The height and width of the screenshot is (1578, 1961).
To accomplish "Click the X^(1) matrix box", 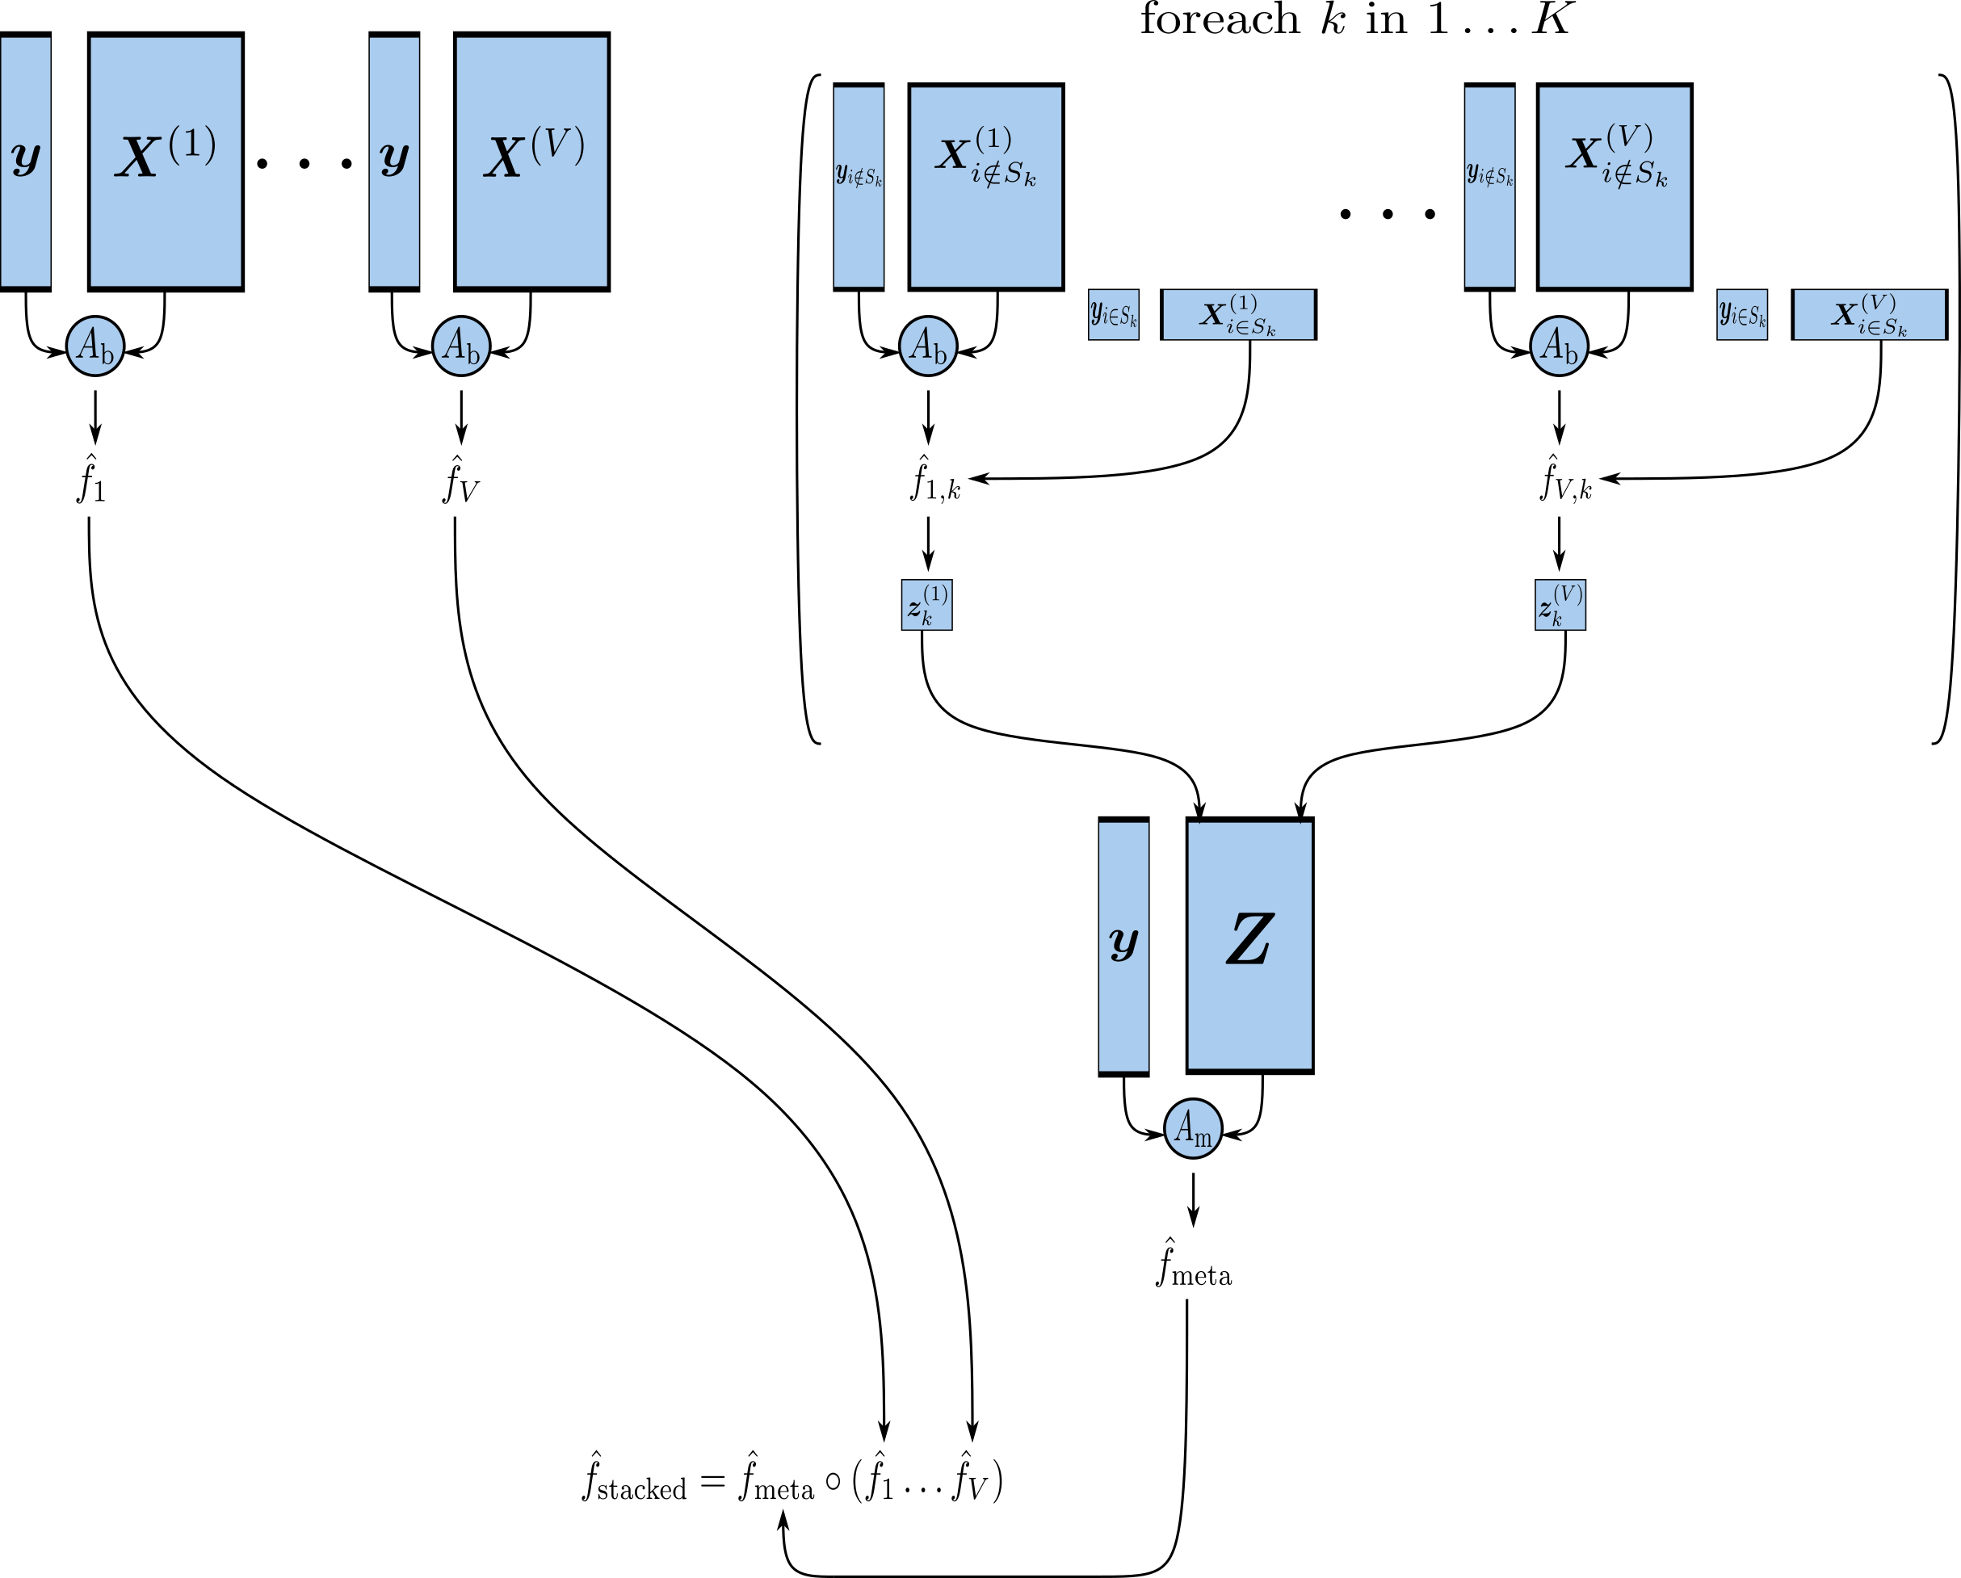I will pos(166,162).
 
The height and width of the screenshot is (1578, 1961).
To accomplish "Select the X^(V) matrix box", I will pos(531,162).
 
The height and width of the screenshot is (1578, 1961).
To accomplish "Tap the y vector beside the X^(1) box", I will pos(26,162).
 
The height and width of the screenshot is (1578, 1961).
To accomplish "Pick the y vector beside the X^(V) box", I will pos(394,162).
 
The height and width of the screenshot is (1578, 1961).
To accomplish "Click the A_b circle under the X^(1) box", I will pos(95,346).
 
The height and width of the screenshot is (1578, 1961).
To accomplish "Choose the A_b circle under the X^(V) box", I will pos(461,346).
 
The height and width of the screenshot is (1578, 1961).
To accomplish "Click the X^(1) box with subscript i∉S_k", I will pos(986,187).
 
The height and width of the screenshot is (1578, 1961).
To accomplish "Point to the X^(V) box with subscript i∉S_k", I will pos(1615,187).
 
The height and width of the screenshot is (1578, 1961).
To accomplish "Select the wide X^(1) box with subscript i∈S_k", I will pos(1238,315).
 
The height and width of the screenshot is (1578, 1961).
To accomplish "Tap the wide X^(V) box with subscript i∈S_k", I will pos(1869,315).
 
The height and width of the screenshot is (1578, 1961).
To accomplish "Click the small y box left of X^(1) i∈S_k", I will pos(1113,315).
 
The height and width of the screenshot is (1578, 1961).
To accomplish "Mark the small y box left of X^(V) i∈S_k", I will pos(1742,315).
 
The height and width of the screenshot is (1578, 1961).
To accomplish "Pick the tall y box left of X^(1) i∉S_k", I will pos(859,187).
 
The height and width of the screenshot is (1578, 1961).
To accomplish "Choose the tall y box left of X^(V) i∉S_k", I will pos(1489,187).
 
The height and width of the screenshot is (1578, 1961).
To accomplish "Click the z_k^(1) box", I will pos(927,605).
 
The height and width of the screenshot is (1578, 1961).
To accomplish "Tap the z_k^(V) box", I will pos(1560,605).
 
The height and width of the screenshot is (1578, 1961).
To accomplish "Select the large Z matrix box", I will pos(1249,946).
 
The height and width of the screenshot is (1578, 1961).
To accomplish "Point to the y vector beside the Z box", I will pos(1123,946).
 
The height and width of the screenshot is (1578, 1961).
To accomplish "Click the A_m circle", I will pos(1192,1129).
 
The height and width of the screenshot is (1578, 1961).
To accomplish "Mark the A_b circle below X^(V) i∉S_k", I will pos(1559,346).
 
